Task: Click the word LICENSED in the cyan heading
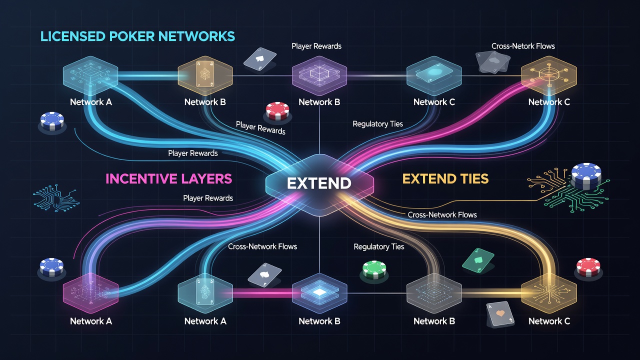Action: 72,36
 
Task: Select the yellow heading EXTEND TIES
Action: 445,179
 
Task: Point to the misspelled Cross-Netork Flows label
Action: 523,46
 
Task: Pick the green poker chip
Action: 374,269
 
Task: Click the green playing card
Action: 477,260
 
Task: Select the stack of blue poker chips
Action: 586,176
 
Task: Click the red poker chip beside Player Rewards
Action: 277,110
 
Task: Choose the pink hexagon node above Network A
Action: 90,293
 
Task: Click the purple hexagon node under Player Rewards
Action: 319,75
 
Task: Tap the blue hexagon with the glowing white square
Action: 319,293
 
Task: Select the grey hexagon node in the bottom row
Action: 434,293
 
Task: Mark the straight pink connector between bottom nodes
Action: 262,293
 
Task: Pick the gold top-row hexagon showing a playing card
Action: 205,75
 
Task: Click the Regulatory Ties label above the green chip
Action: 379,246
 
